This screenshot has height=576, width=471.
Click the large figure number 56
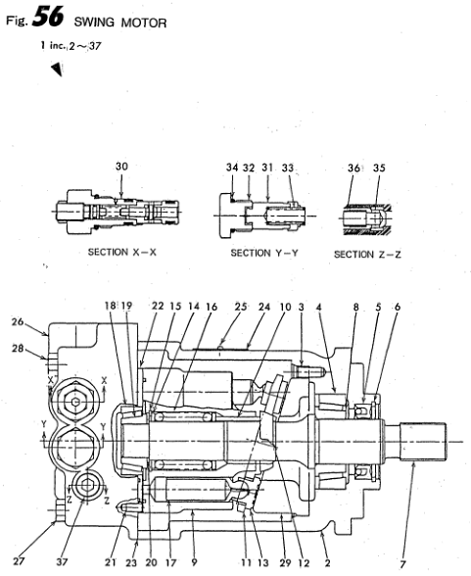48,17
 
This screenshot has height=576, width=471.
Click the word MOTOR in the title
144,23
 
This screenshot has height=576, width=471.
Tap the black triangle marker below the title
57,70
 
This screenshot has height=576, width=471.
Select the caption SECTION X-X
121,252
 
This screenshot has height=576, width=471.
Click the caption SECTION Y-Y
264,253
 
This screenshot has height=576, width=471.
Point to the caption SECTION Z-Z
367,255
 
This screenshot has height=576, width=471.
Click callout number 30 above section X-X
121,167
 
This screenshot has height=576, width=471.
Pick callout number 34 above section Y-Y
232,168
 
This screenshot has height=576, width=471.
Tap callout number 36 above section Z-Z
353,168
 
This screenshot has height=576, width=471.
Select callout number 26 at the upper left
18,321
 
